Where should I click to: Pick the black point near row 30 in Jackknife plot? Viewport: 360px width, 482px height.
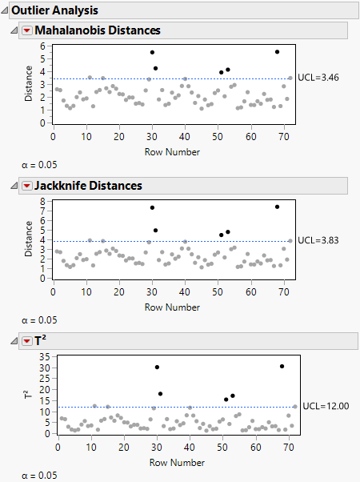pyautogui.click(x=152, y=207)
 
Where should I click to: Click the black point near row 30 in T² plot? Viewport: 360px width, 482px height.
pyautogui.click(x=157, y=367)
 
